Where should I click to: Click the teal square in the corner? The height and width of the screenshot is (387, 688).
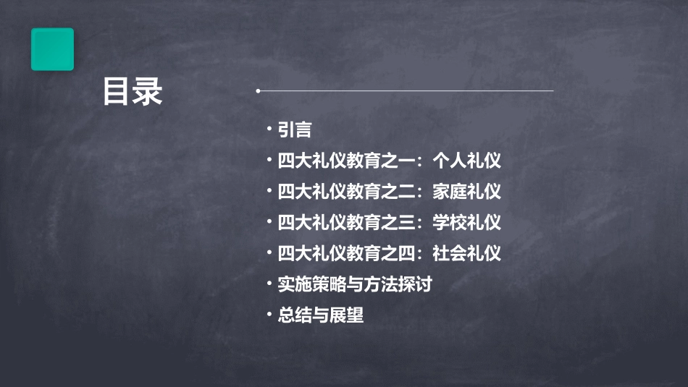pos(52,49)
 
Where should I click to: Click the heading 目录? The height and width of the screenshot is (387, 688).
pos(133,92)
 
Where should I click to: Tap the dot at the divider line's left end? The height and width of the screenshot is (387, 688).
pos(258,91)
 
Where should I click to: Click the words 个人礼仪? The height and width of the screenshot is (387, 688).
pos(466,161)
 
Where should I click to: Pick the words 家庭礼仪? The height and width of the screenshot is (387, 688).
pos(466,192)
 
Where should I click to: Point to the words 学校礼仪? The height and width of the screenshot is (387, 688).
pos(466,222)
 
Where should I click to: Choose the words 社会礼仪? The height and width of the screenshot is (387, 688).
pos(466,253)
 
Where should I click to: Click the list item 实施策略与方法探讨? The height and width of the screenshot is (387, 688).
pos(355,284)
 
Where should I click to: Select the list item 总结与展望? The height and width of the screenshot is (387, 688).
pos(321,315)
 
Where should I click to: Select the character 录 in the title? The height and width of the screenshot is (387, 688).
pos(148,92)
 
